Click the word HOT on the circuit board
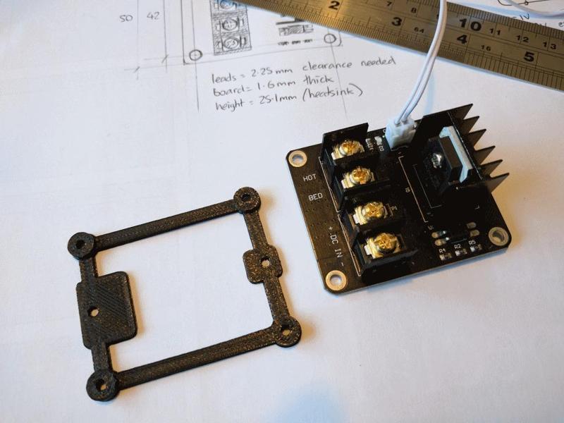(309, 178)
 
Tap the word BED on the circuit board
(315, 197)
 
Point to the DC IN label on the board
(335, 247)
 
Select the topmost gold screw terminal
(348, 149)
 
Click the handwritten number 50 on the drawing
(126, 18)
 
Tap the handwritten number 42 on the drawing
(152, 16)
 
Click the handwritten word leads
(226, 79)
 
